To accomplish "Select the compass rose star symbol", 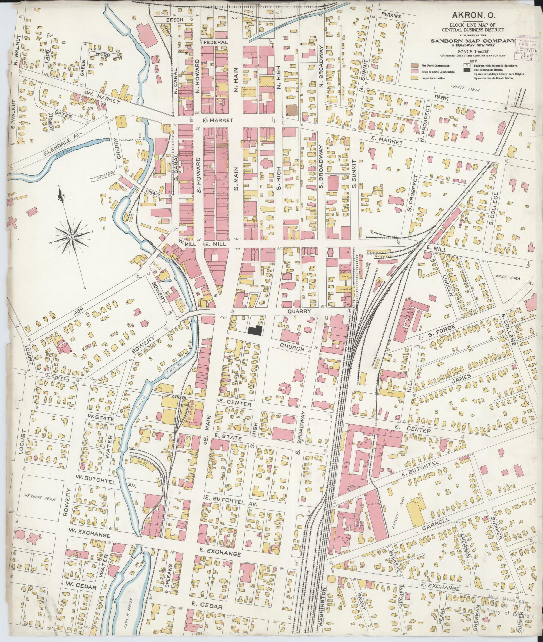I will pos(71,237).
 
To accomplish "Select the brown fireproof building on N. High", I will pos(291,110).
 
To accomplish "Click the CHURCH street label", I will pos(292,348).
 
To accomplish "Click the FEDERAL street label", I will pos(215,42).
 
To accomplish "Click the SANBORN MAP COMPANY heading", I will pos(473,41).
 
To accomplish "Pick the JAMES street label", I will pos(462,377).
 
